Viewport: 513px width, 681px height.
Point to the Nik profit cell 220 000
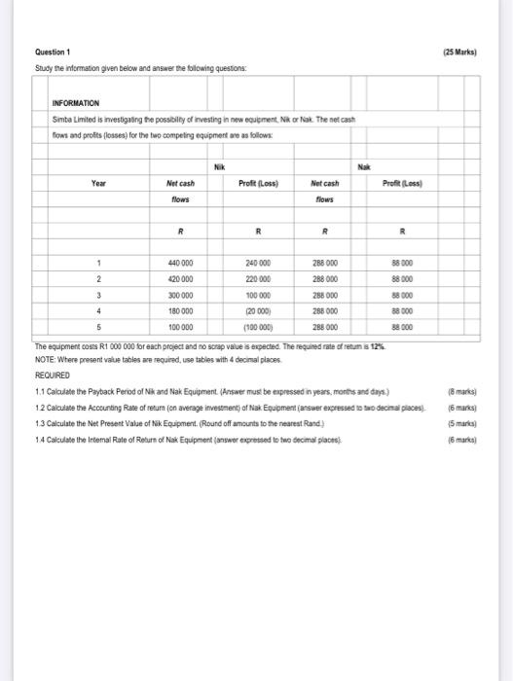(x=258, y=275)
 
